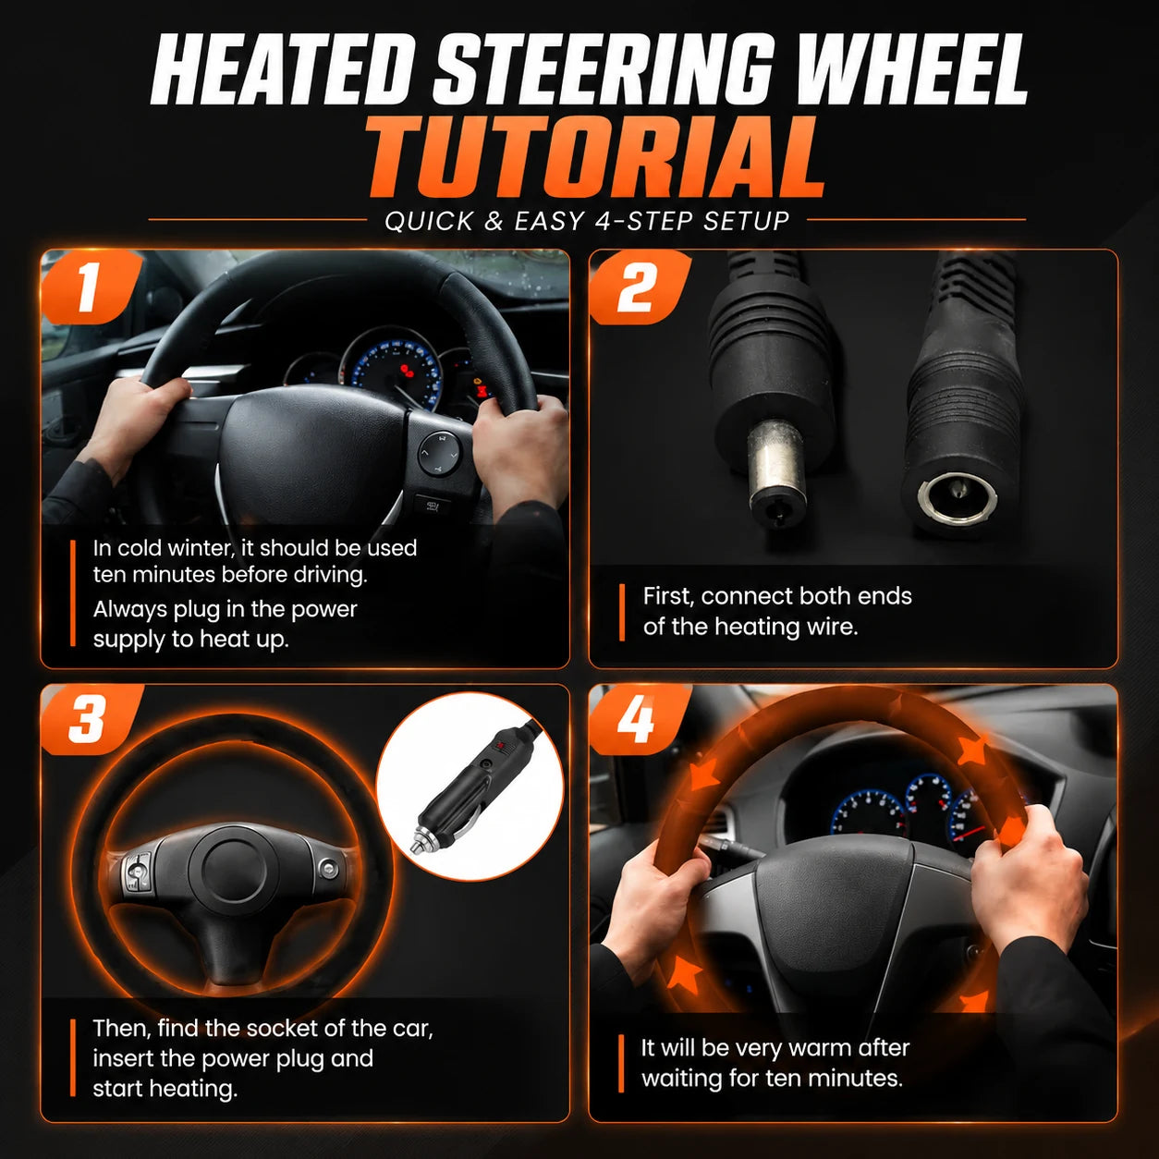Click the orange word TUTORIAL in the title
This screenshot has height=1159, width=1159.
pyautogui.click(x=594, y=157)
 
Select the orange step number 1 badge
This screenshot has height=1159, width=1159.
pyautogui.click(x=91, y=287)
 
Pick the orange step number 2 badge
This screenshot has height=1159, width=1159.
pyautogui.click(x=639, y=287)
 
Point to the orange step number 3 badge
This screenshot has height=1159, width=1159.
pyautogui.click(x=91, y=719)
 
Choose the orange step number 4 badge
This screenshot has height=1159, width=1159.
pyautogui.click(x=639, y=719)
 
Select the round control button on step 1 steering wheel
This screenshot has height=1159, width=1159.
pyautogui.click(x=439, y=453)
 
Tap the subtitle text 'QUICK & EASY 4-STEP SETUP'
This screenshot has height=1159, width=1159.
pyautogui.click(x=586, y=221)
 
